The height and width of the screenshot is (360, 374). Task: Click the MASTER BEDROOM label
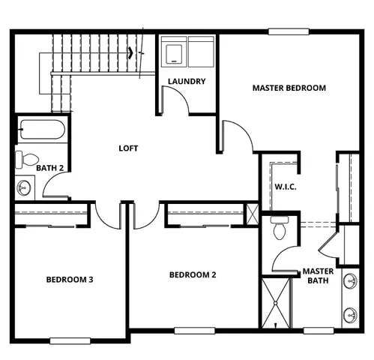coord(289,88)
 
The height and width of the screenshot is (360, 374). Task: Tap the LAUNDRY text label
coord(187,81)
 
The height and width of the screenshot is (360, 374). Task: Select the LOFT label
coord(128,148)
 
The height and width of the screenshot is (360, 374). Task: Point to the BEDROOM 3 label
coord(69,280)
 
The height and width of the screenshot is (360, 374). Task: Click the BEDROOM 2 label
coord(193,274)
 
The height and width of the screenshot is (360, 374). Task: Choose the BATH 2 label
coord(51,169)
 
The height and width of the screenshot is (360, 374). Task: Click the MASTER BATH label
coord(317,276)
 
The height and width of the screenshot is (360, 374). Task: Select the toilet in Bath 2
coord(28,159)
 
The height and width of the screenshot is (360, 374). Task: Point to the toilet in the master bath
coord(280,228)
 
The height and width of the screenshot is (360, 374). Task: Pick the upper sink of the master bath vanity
coord(349,283)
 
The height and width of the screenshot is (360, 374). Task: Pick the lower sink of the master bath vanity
coord(349,314)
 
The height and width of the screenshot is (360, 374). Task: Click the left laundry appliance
coord(175,53)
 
